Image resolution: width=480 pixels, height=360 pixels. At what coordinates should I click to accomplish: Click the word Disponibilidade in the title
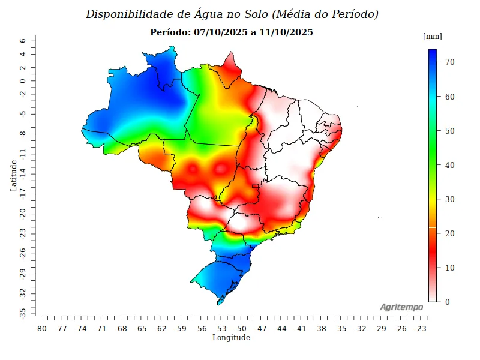click(x=124, y=14)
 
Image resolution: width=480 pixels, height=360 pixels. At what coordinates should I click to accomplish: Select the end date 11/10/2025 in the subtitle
click(x=286, y=32)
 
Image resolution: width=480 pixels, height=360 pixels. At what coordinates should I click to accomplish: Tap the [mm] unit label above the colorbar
click(x=433, y=37)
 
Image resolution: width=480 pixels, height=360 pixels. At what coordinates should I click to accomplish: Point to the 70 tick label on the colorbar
click(x=449, y=62)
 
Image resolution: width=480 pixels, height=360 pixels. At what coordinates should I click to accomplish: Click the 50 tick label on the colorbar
click(x=449, y=131)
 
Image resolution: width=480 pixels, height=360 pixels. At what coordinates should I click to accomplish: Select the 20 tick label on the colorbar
click(x=449, y=233)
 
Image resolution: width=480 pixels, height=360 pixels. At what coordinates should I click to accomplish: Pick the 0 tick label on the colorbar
click(x=447, y=302)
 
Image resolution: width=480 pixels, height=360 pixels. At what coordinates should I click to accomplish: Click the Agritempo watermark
click(x=401, y=307)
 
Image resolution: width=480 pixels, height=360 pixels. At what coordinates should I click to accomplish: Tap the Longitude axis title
click(x=231, y=338)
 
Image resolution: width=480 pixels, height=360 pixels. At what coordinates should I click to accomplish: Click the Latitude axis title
click(x=13, y=175)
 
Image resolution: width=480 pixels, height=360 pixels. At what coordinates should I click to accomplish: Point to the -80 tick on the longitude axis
click(x=41, y=329)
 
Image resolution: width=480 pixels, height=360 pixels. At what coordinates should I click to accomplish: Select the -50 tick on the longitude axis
click(x=241, y=329)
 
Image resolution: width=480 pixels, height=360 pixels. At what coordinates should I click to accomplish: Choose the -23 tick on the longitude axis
click(x=420, y=329)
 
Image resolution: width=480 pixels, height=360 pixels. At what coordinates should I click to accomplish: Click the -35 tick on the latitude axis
click(x=22, y=313)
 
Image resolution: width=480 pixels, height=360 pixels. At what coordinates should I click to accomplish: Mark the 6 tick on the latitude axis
click(x=22, y=41)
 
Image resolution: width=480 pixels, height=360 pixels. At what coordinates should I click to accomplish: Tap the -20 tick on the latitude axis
click(x=22, y=214)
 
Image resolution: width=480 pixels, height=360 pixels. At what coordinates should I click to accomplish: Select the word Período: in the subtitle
click(x=171, y=32)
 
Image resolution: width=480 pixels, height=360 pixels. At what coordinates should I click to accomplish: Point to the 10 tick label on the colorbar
click(x=449, y=268)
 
